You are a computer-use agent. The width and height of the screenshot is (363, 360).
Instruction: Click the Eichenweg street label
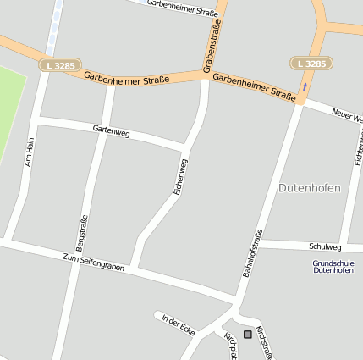tap(180, 177)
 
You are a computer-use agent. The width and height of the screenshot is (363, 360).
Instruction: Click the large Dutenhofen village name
tap(309, 187)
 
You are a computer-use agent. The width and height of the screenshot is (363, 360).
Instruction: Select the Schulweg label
tap(325, 246)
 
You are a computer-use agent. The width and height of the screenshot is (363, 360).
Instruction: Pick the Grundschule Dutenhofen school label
tap(333, 266)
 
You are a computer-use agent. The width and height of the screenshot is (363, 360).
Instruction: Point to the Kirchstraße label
tap(265, 342)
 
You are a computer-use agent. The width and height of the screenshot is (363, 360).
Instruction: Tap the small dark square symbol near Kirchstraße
tap(247, 335)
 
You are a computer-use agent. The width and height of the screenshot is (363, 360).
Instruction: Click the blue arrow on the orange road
tap(305, 87)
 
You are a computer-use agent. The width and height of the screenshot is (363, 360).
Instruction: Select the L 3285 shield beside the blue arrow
tap(311, 64)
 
